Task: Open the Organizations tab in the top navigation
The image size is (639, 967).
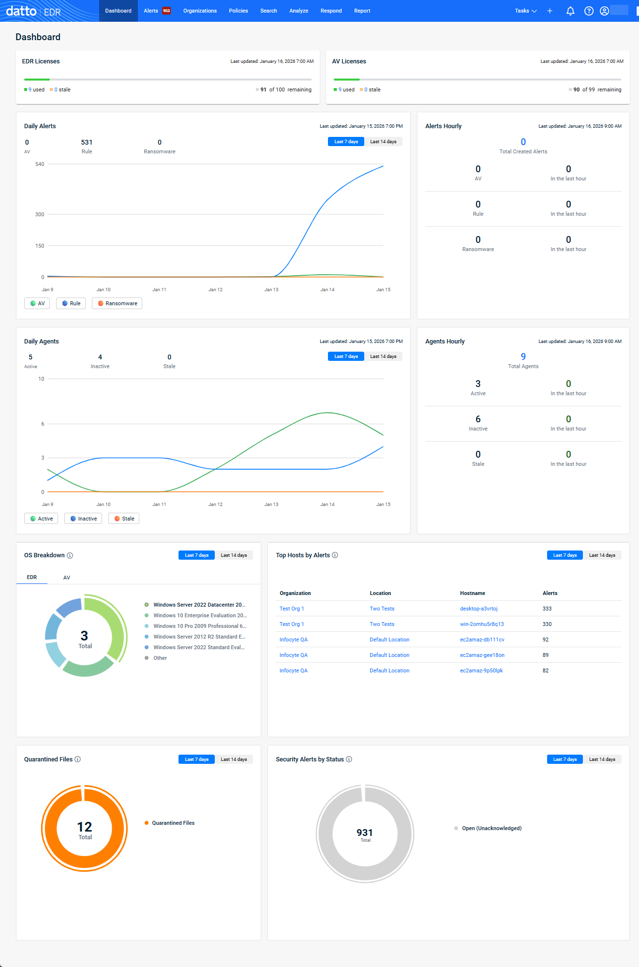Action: pos(200,11)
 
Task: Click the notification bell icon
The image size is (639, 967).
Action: pos(570,11)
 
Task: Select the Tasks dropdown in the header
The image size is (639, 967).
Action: pos(525,11)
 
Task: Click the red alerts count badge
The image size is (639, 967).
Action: pos(166,11)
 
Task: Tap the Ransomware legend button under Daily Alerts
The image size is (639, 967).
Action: pos(117,303)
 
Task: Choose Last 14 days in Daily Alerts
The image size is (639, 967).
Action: pos(383,142)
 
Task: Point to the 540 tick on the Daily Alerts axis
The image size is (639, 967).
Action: pos(40,164)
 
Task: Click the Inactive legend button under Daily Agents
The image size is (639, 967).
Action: pos(83,519)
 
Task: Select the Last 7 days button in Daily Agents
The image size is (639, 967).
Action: pos(346,357)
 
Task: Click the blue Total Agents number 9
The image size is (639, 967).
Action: pos(523,357)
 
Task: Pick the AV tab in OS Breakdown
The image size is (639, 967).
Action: pos(67,578)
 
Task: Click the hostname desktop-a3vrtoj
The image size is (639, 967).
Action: pos(479,609)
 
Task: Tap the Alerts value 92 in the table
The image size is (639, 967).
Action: pos(546,640)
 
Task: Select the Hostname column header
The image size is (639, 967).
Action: pos(473,593)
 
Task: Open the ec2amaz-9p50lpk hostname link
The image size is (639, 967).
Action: pos(481,670)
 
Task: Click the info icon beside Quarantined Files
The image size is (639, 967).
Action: pos(78,759)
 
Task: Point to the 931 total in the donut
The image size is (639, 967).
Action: pos(365,833)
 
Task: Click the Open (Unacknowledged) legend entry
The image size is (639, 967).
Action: pos(491,828)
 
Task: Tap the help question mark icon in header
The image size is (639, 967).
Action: pos(589,11)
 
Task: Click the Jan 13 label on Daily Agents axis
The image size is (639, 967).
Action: pos(271,505)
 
